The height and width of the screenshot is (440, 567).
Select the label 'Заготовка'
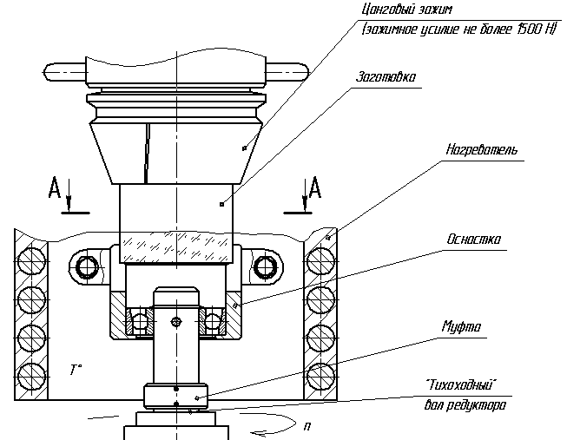point(386,76)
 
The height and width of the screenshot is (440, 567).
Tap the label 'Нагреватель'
point(483,150)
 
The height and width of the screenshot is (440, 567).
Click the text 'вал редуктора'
point(465,404)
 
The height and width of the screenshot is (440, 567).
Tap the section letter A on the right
point(315,187)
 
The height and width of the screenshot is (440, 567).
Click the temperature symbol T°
point(76,371)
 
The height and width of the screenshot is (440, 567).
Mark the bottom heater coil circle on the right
point(320,378)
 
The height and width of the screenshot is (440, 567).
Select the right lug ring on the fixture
point(267,266)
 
